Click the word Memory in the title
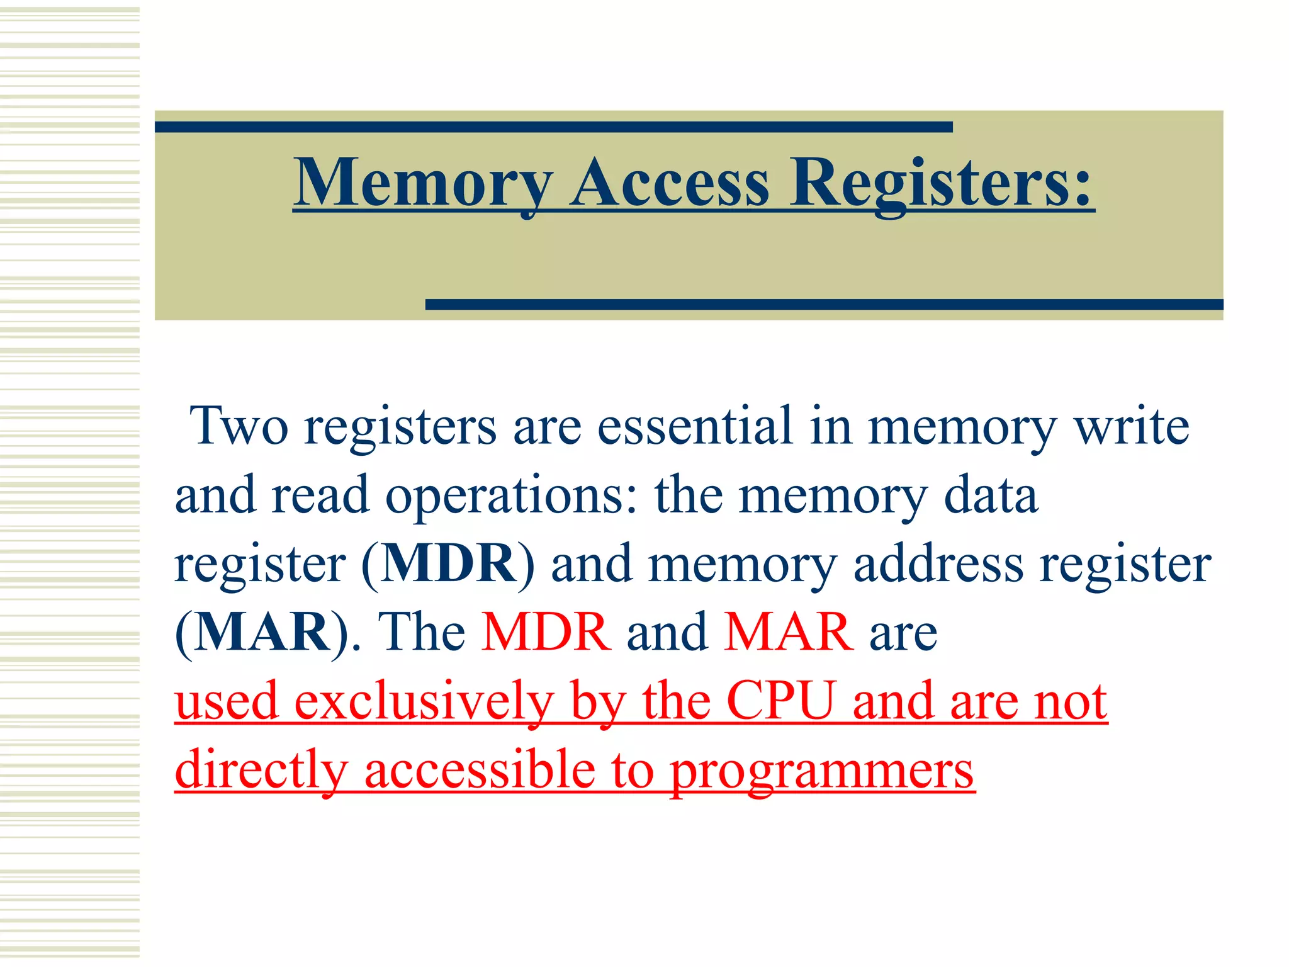point(422,183)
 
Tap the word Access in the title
point(670,183)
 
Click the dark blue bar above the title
point(553,127)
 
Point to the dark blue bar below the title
point(824,305)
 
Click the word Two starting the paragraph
point(239,427)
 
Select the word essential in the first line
point(695,427)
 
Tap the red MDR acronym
point(546,632)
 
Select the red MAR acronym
point(789,632)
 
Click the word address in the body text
point(938,563)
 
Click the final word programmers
point(821,771)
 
